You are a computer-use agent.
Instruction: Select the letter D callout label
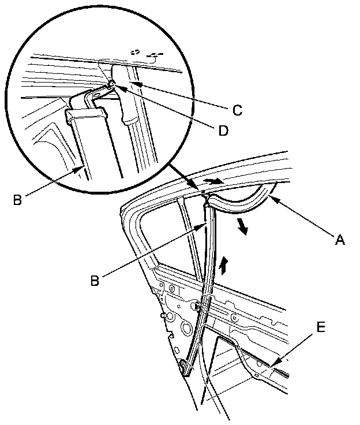click(x=221, y=131)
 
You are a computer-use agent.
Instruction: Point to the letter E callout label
click(x=320, y=328)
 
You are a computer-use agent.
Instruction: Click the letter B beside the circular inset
click(x=18, y=201)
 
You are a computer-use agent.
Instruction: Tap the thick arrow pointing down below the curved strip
click(x=244, y=227)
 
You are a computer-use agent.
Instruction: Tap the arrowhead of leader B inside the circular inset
click(x=82, y=166)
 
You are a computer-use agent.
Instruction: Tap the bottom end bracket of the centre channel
click(x=185, y=367)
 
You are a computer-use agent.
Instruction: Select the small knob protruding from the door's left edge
click(x=167, y=317)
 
